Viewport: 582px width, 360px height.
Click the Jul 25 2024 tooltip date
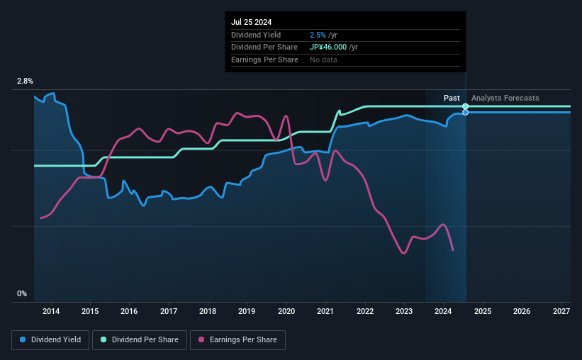(x=251, y=22)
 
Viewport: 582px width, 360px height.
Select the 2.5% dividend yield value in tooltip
(x=317, y=35)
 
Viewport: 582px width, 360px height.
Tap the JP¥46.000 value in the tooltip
(x=330, y=47)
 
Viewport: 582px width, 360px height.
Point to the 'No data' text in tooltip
(x=323, y=60)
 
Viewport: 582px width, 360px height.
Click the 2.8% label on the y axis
(x=25, y=82)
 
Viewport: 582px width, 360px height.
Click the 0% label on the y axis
(x=22, y=293)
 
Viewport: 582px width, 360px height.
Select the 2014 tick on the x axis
(x=50, y=311)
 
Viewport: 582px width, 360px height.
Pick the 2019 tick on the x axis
(x=247, y=311)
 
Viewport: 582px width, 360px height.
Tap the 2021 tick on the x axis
(x=325, y=311)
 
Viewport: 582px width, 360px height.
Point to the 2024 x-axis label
(x=443, y=311)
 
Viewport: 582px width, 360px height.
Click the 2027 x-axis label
(x=561, y=311)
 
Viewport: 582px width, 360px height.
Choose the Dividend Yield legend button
(x=50, y=340)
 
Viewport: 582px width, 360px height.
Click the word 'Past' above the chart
(x=452, y=98)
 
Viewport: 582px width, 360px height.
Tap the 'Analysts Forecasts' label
(x=505, y=98)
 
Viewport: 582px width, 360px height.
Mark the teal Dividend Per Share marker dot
(x=466, y=106)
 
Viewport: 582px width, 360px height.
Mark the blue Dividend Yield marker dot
(x=466, y=112)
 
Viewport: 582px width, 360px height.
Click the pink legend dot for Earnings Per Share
(x=202, y=340)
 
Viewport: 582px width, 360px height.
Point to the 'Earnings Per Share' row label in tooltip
(x=264, y=60)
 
